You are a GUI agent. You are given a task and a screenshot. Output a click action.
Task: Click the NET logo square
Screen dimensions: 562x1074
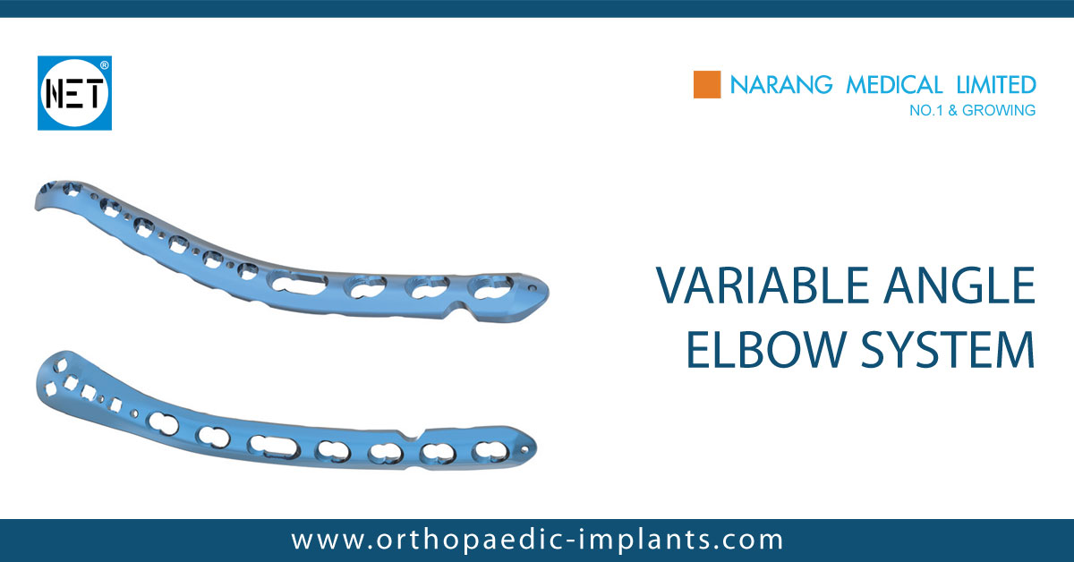(74, 93)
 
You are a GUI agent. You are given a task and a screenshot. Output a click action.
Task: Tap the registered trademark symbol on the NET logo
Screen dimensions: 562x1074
(105, 65)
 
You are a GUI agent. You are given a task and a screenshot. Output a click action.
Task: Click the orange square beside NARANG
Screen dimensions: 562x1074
(707, 85)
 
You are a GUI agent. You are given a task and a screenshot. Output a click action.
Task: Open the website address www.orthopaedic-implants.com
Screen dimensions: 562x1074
(537, 540)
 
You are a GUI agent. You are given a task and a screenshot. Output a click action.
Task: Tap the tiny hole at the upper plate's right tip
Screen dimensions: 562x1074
(534, 289)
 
